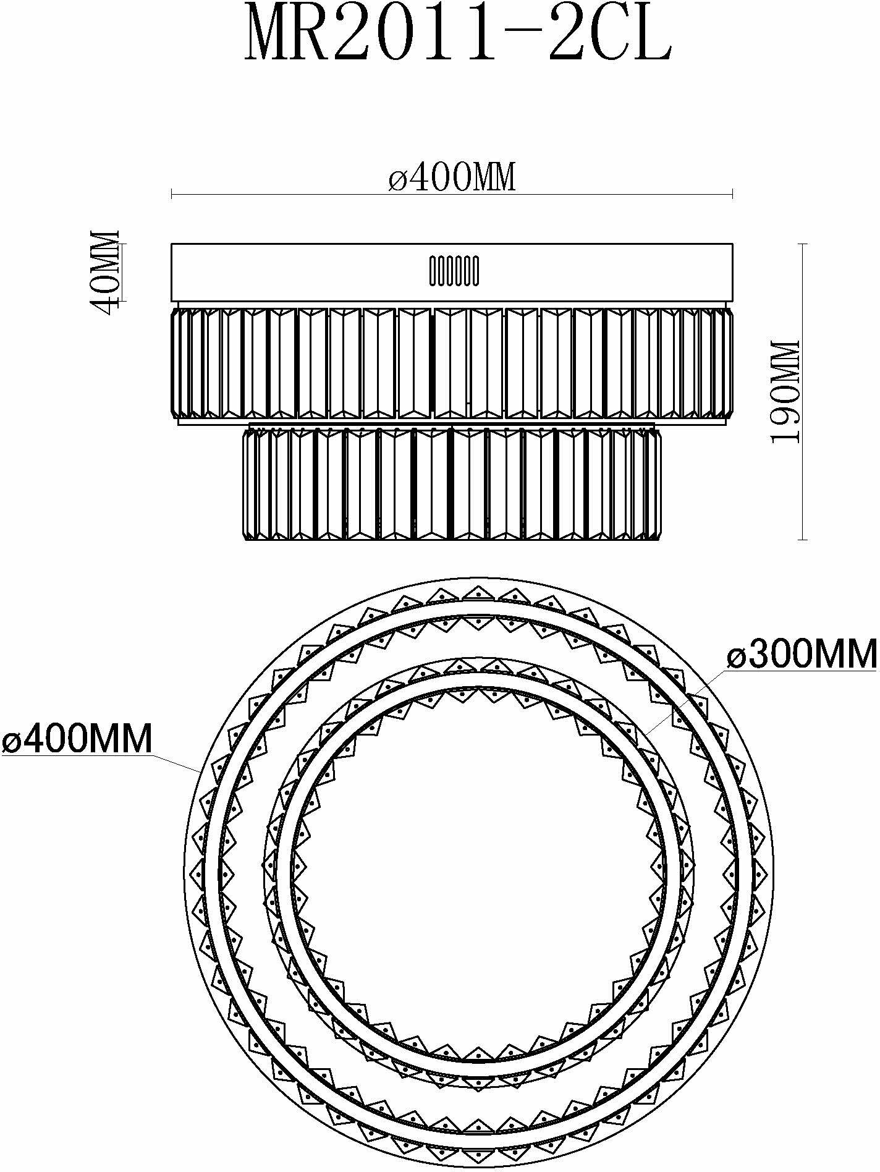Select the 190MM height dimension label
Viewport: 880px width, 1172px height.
point(785,391)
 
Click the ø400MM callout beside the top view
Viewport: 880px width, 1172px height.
point(77,738)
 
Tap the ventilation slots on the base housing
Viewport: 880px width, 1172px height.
point(454,271)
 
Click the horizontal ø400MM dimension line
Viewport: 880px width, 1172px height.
point(452,195)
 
